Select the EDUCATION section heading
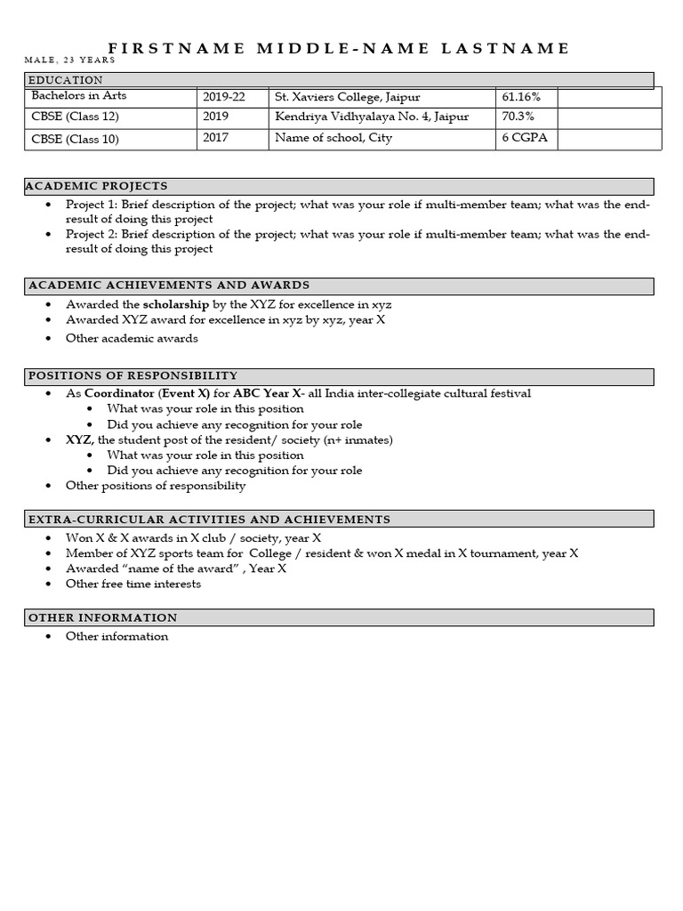click(x=66, y=80)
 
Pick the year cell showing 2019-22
click(x=224, y=96)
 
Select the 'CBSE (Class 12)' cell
click(x=75, y=117)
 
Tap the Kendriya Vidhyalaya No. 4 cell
click(x=372, y=117)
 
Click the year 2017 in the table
click(x=215, y=139)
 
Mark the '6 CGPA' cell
click(x=521, y=139)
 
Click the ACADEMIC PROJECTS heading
click(x=98, y=186)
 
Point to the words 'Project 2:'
click(x=91, y=234)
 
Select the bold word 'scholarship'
click(x=176, y=304)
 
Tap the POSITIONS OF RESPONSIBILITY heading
click(x=133, y=375)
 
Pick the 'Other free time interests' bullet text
click(x=133, y=584)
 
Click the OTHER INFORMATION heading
click(x=103, y=617)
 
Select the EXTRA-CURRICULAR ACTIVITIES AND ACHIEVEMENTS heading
click(x=209, y=519)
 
